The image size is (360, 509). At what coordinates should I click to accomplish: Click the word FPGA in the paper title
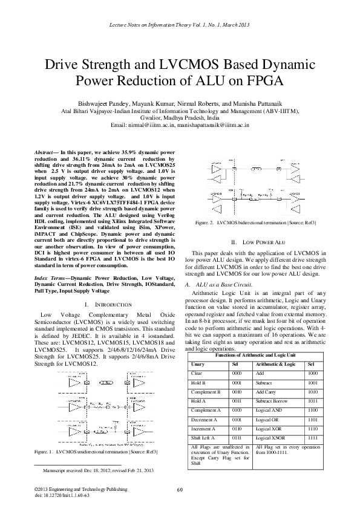272,80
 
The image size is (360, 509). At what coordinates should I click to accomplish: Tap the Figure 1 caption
97,451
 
